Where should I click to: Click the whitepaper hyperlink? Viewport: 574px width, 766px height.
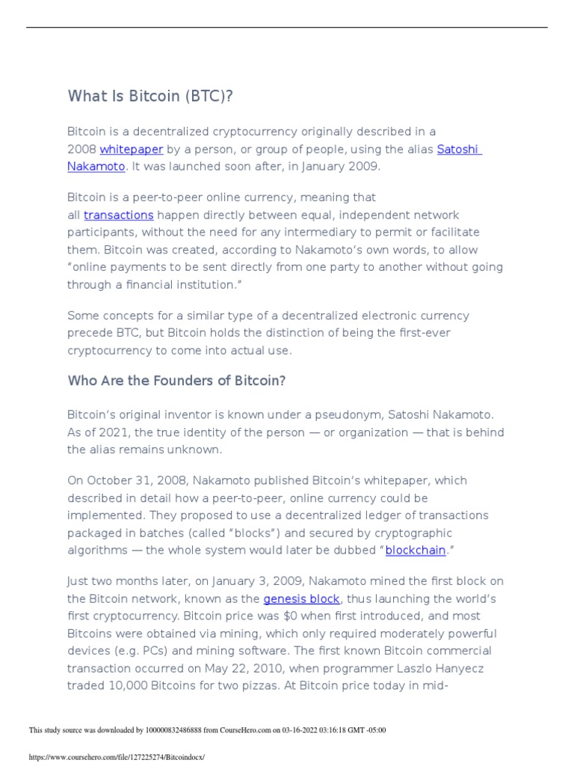tap(131, 150)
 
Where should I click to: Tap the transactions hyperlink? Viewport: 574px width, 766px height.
tap(118, 215)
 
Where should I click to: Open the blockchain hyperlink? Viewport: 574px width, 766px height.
tap(415, 551)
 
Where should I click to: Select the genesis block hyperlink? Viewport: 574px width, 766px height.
tap(301, 599)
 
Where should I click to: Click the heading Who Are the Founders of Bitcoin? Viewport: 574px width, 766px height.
tap(176, 381)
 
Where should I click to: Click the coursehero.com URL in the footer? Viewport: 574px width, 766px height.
tap(116, 757)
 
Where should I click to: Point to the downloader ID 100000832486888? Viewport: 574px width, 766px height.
tap(182, 731)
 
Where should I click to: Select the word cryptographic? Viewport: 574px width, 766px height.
tap(414, 533)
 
